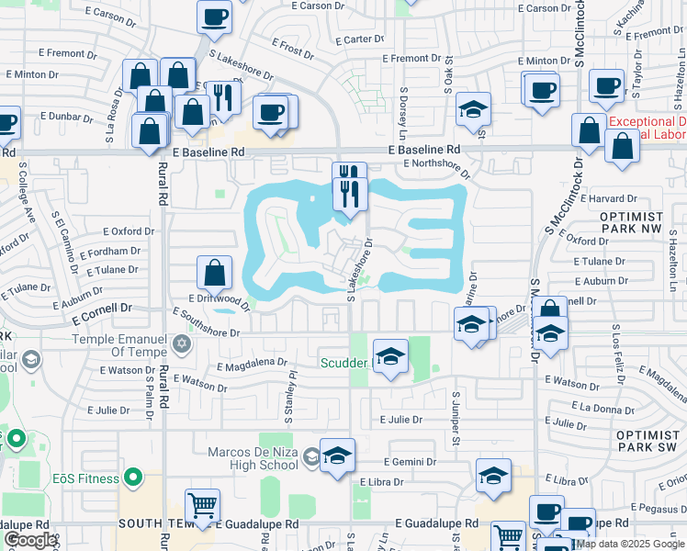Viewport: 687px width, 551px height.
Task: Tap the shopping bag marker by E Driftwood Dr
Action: tap(214, 272)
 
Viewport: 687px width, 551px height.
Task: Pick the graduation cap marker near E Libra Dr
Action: tap(493, 476)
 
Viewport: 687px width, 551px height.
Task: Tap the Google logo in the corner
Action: tap(29, 540)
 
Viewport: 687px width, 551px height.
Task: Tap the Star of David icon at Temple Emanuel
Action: tap(182, 344)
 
